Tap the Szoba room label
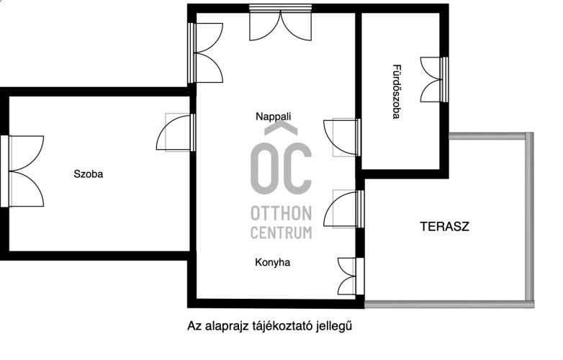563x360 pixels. [x=89, y=174]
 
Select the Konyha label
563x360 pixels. [x=273, y=262]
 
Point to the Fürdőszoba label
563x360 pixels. [x=396, y=91]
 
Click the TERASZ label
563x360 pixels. [x=444, y=227]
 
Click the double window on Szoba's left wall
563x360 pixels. [x=22, y=171]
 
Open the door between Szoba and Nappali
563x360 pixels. [x=176, y=132]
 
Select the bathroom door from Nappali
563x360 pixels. [x=342, y=138]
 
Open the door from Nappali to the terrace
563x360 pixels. [x=343, y=209]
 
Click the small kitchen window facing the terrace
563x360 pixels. [x=351, y=276]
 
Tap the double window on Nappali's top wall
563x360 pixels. [x=281, y=22]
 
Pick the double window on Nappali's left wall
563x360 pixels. [x=205, y=53]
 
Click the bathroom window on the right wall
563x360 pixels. [x=434, y=79]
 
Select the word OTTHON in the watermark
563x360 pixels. [x=281, y=213]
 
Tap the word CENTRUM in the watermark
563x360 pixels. [x=281, y=233]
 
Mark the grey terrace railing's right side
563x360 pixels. [x=530, y=220]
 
